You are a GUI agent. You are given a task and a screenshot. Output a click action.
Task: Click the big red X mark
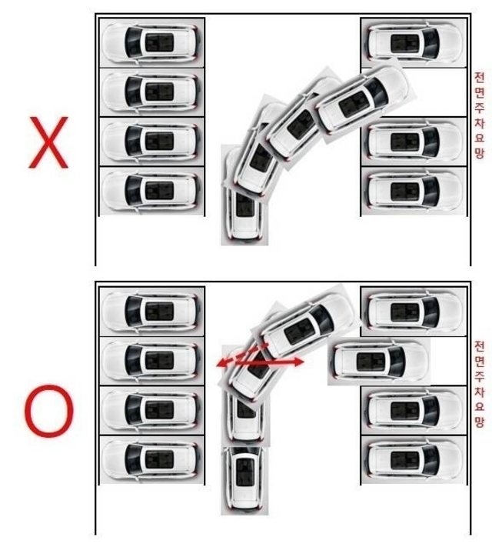tap(48, 142)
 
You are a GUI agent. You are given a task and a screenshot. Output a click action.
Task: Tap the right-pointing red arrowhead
tap(298, 362)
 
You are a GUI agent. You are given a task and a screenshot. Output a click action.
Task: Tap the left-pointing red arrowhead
tap(221, 364)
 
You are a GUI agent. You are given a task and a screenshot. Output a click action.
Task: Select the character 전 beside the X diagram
tap(479, 77)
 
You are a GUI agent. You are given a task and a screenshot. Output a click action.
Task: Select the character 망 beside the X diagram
tap(480, 153)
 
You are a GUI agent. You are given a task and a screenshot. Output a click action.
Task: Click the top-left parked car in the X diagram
tap(151, 42)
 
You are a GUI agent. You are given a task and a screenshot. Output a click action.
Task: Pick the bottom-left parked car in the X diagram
tap(151, 191)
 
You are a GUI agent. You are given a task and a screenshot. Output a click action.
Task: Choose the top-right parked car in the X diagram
tap(414, 42)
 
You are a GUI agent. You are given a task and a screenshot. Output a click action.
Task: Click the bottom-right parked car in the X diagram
tap(414, 191)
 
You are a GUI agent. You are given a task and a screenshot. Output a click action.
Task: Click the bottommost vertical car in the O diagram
tap(244, 479)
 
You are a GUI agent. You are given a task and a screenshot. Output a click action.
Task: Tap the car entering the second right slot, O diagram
tap(379, 362)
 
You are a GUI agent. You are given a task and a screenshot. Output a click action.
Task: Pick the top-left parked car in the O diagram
tap(151, 312)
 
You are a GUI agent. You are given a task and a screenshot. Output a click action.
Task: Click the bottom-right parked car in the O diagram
tap(414, 459)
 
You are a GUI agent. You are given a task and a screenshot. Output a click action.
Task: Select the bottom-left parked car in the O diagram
tap(151, 459)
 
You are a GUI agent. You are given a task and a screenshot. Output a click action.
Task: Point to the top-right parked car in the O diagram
tap(414, 312)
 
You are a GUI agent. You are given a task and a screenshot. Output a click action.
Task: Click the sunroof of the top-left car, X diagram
tap(159, 42)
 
